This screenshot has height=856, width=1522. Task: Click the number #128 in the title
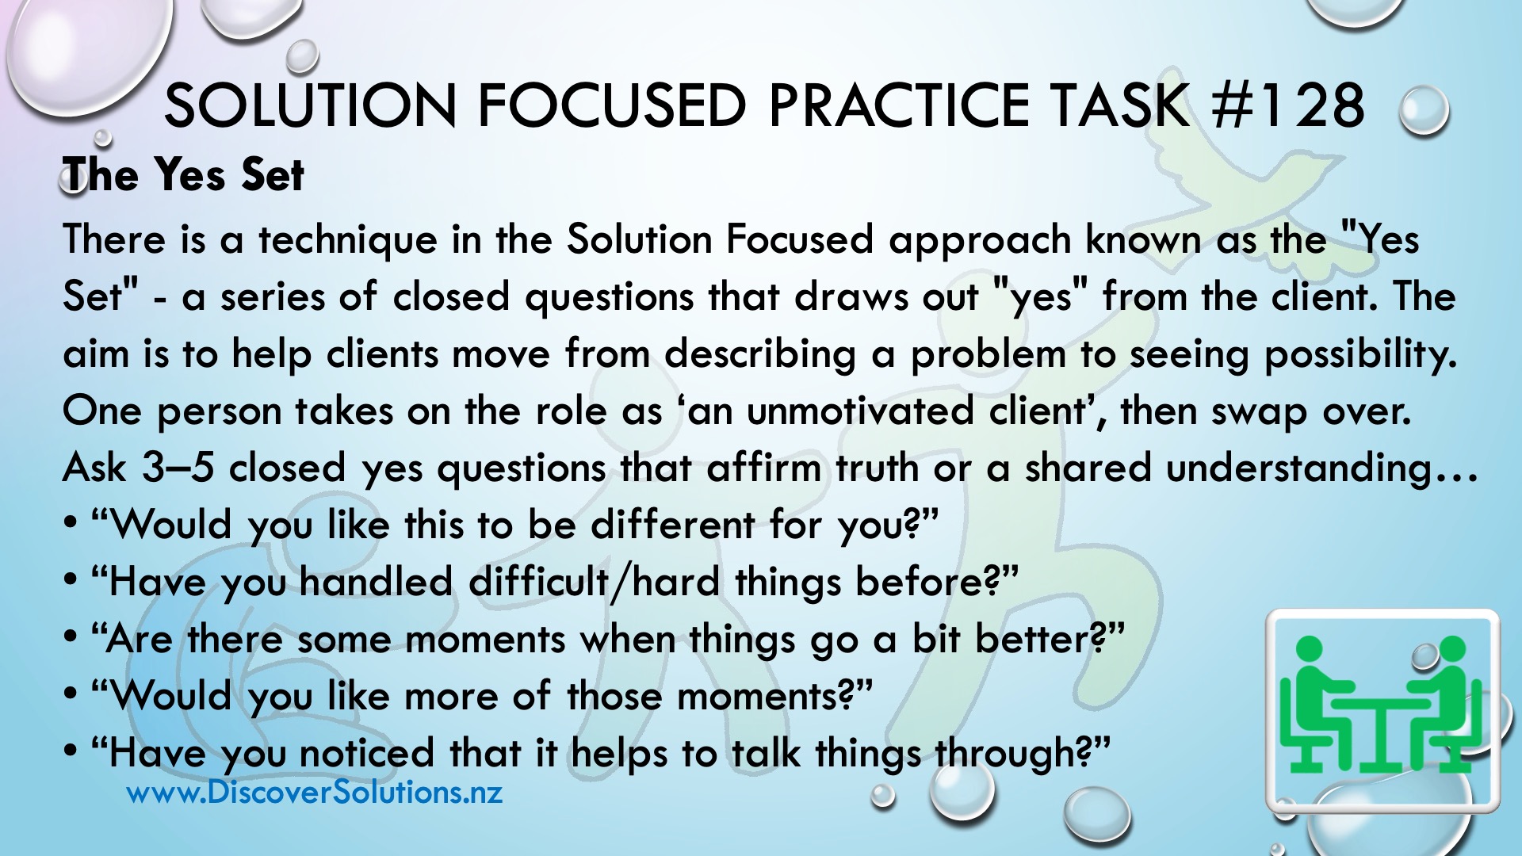click(x=1288, y=105)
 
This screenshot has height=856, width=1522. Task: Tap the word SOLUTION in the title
click(x=310, y=105)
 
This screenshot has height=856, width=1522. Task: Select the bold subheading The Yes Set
click(x=183, y=174)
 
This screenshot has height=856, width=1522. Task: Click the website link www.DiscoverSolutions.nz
click(x=315, y=792)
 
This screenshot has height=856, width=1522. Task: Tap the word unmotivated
click(x=860, y=411)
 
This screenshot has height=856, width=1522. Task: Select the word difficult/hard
click(x=595, y=582)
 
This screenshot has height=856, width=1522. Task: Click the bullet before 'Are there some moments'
click(x=71, y=637)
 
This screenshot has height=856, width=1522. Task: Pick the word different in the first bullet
click(x=673, y=525)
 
